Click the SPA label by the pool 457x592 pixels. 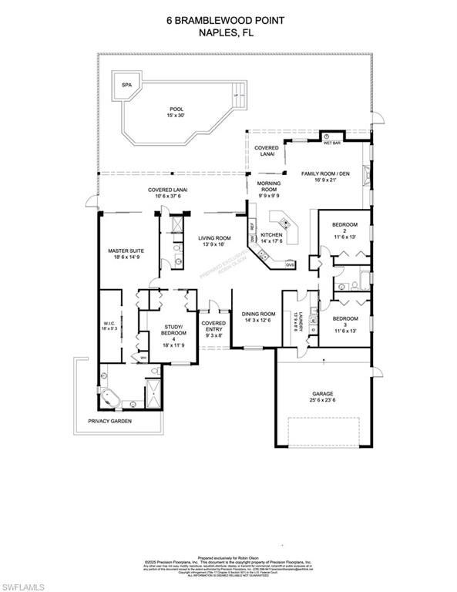pyautogui.click(x=126, y=85)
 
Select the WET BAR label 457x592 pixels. pyautogui.click(x=331, y=143)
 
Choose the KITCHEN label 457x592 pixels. pyautogui.click(x=271, y=237)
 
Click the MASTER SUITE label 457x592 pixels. pyautogui.click(x=126, y=255)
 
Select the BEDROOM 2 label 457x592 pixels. pyautogui.click(x=345, y=230)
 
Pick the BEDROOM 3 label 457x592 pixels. pyautogui.click(x=345, y=323)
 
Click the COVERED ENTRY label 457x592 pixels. pyautogui.click(x=213, y=329)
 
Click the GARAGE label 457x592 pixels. pyautogui.click(x=322, y=397)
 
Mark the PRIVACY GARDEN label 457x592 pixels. pyautogui.click(x=109, y=422)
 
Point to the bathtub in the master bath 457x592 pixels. pyautogui.click(x=109, y=398)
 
